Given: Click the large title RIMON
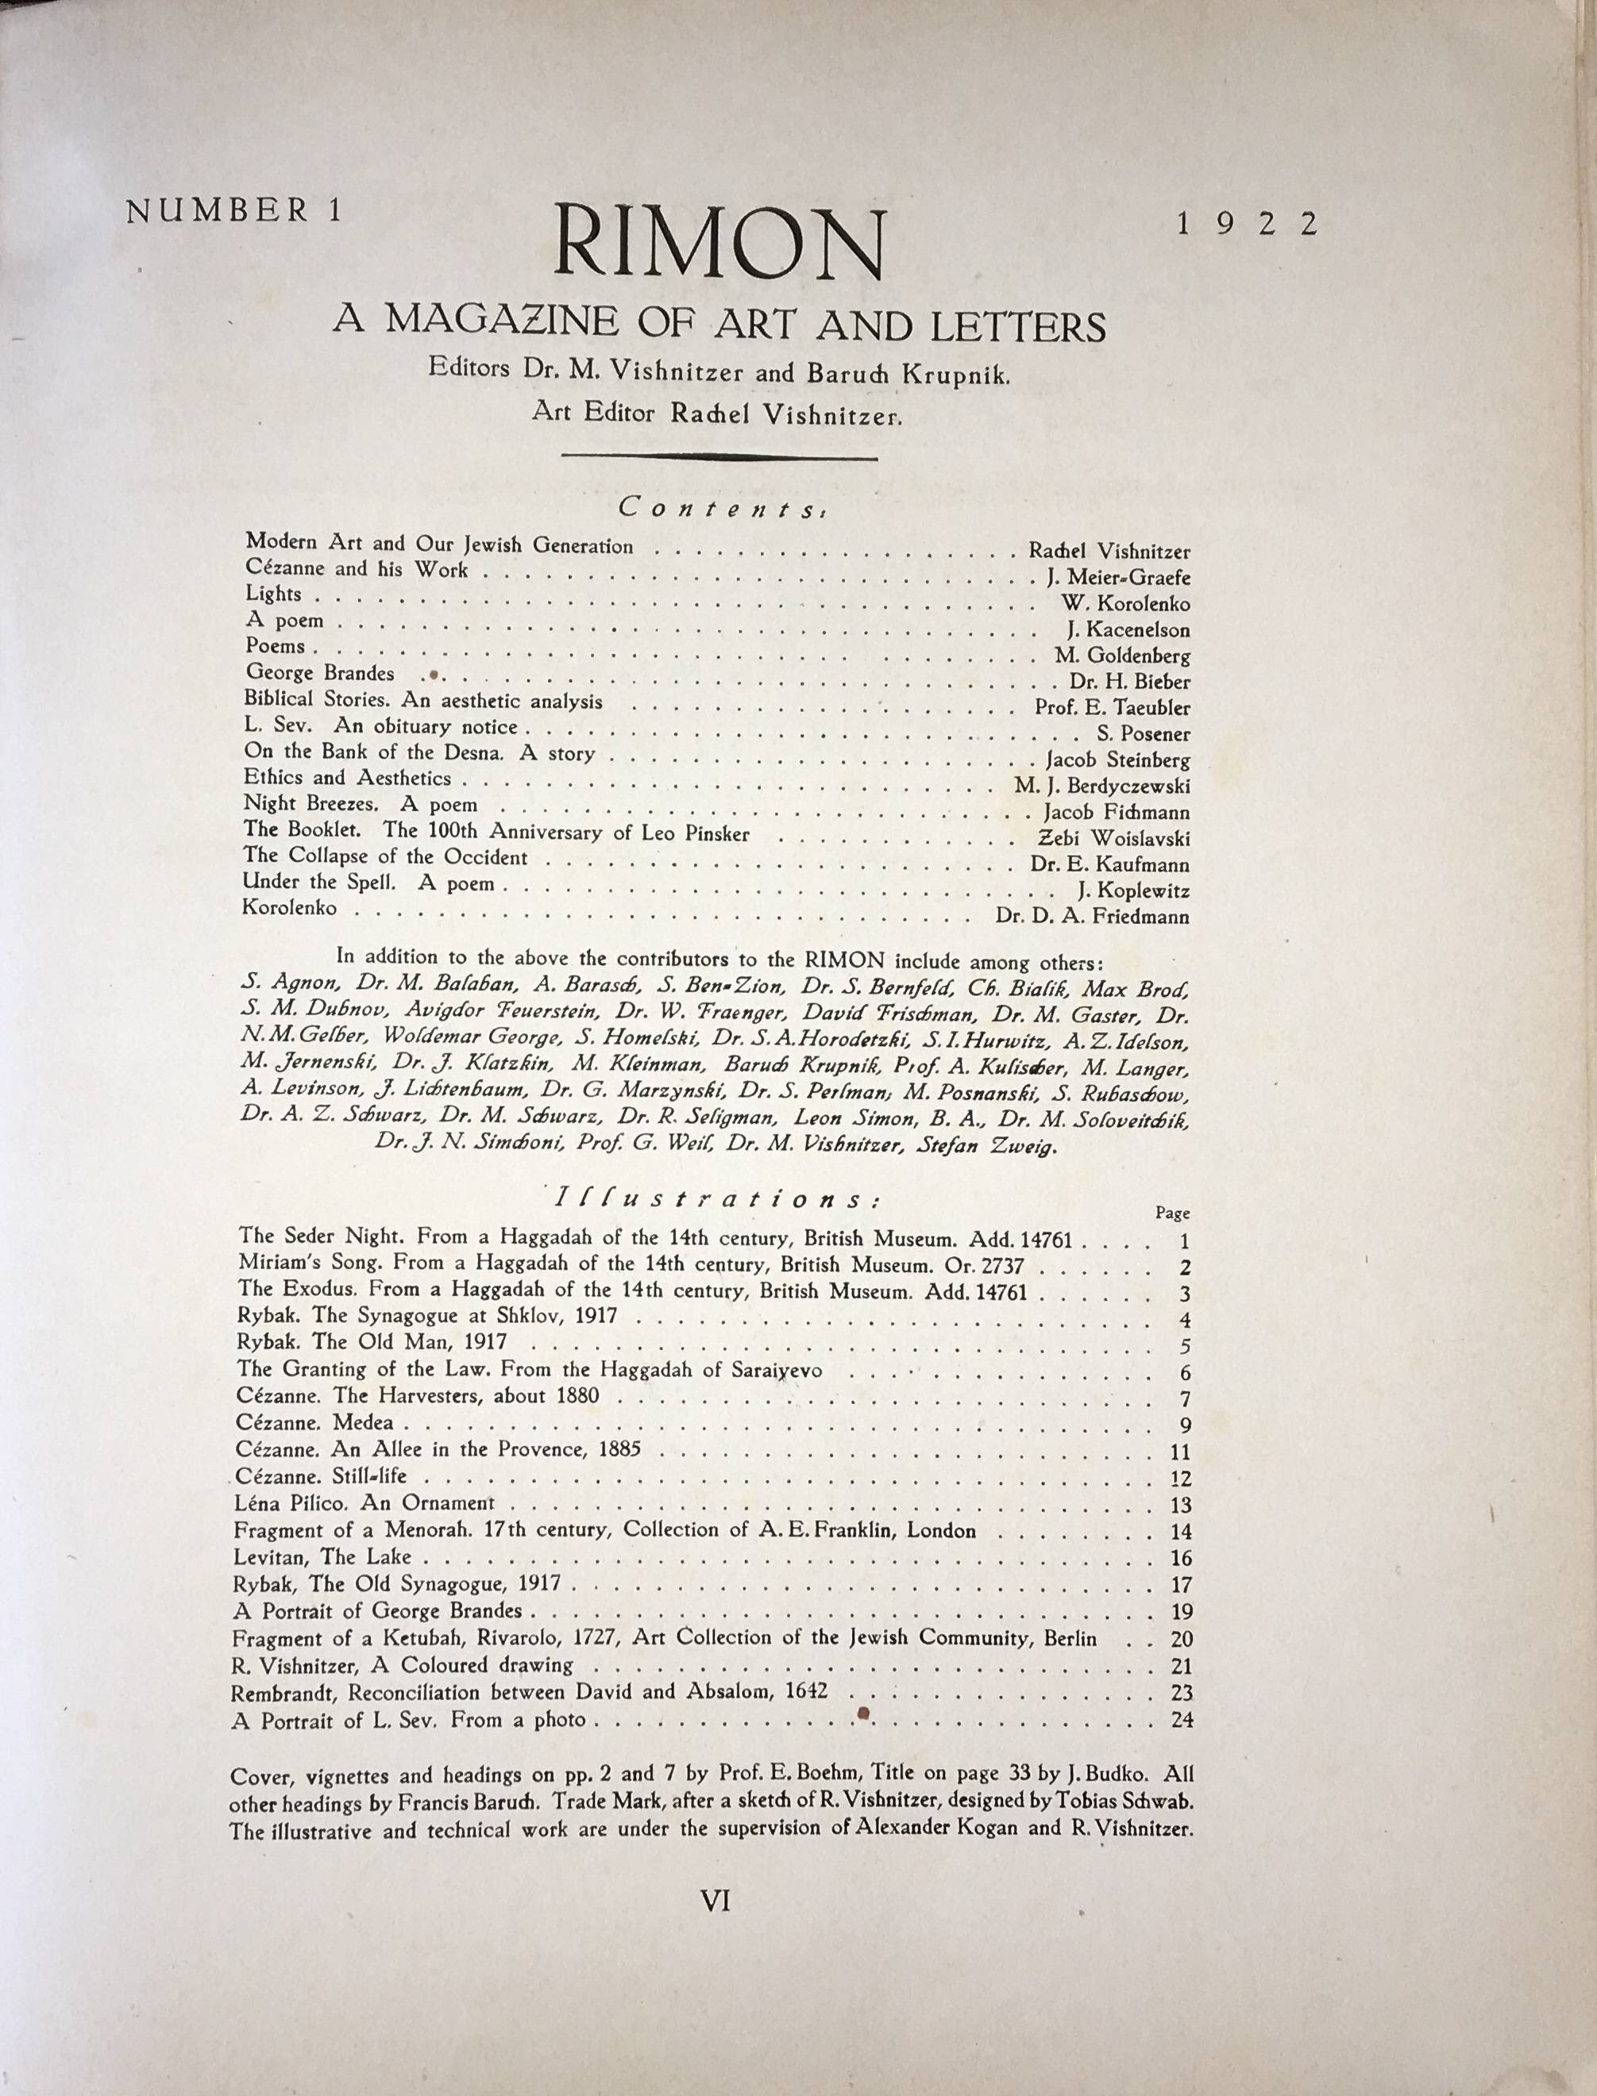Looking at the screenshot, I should click(719, 245).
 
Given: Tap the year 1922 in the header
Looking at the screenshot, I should click(1247, 225).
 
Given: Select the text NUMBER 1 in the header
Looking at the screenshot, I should click(233, 211).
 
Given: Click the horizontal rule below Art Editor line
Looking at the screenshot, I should click(719, 457).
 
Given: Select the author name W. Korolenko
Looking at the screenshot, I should click(1125, 603).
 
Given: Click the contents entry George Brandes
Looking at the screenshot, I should click(319, 674).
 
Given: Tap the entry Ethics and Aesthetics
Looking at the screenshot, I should click(347, 778).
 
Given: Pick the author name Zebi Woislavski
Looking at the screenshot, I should click(1113, 838).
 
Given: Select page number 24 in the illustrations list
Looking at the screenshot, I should click(1182, 1719).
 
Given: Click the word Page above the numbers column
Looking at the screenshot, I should click(1172, 1213).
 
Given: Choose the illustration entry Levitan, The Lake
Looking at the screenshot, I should click(322, 1557).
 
